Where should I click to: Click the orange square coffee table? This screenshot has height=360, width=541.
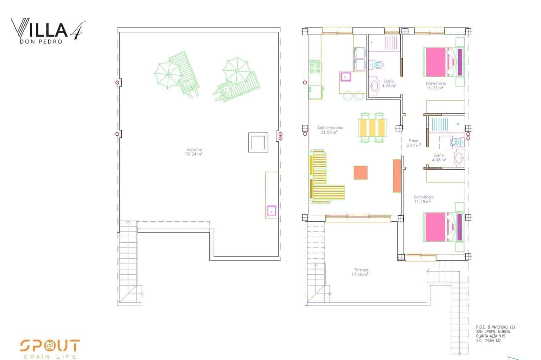[x=360, y=172]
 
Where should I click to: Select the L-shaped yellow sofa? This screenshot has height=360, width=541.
[x=321, y=179]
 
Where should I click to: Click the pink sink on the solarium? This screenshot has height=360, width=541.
[x=271, y=211]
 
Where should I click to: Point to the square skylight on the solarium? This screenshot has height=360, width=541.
[x=258, y=142]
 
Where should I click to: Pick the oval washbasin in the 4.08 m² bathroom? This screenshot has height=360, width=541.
[x=458, y=158]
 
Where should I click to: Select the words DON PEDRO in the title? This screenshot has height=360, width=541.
[x=41, y=42]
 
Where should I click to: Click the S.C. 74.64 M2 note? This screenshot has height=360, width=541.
[x=488, y=341]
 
